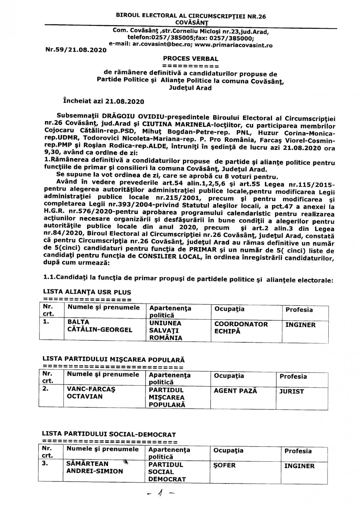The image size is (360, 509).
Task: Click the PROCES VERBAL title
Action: point(191,58)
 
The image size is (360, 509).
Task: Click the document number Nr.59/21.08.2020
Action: point(76,50)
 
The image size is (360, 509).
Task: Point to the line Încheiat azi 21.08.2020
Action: point(103,101)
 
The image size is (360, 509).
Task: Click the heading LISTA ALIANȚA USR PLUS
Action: point(87,292)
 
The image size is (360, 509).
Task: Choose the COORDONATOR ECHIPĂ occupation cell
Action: point(241,327)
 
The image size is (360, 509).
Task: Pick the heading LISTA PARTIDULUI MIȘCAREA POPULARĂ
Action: point(113,360)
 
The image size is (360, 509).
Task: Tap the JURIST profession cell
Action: point(292,392)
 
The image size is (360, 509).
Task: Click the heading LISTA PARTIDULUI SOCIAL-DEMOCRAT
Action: point(109,434)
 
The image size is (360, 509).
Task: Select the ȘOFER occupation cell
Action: point(225,465)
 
